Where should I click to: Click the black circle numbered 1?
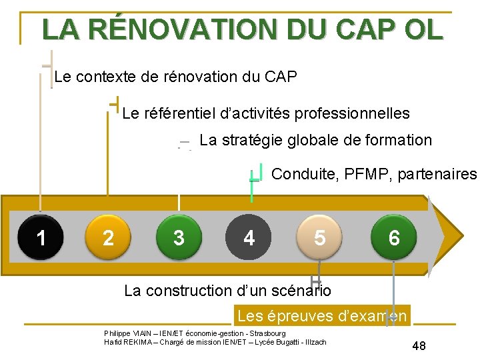[41, 237]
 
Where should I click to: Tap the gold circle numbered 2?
[108, 237]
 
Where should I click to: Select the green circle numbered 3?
[178, 237]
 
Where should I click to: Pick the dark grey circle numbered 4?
[249, 237]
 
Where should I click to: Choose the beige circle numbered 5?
[320, 237]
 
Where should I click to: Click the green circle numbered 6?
[394, 237]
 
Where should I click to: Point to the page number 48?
[419, 345]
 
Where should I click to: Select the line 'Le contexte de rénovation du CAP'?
[175, 77]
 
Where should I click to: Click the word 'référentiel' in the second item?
[177, 113]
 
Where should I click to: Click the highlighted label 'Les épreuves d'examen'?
[323, 315]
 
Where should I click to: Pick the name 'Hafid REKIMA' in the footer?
[127, 342]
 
